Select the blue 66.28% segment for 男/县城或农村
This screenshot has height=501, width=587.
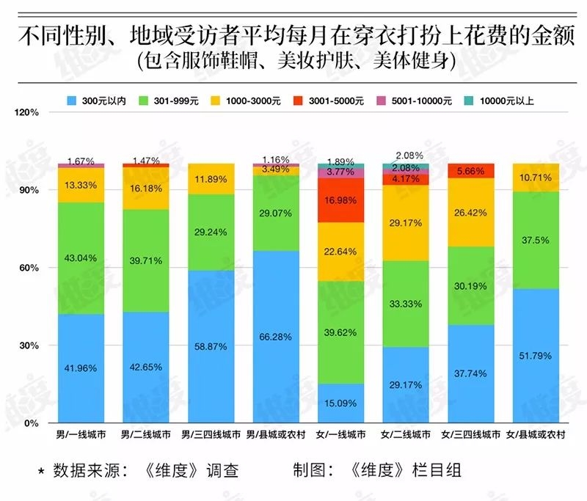click(x=276, y=337)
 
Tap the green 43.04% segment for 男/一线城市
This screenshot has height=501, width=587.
click(x=81, y=258)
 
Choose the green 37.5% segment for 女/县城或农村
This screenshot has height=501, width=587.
click(x=536, y=240)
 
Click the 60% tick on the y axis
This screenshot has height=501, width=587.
click(x=30, y=268)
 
